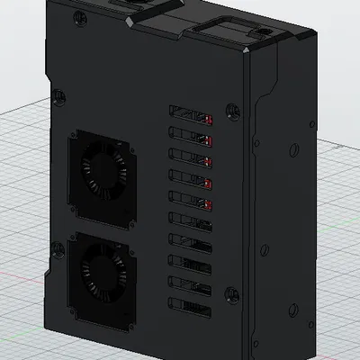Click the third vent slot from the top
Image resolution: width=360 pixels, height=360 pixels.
190,159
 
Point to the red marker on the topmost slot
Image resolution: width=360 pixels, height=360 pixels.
209,119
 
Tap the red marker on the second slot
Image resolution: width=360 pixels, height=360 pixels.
209,140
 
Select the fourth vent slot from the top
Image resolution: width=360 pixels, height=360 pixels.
190,181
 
